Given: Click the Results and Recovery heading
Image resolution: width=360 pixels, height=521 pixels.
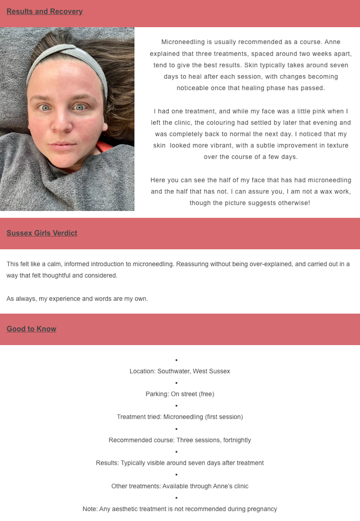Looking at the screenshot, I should (45, 11).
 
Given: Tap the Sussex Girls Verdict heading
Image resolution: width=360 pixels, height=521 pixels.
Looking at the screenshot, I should (42, 233).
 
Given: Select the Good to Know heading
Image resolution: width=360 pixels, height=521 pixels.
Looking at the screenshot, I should (31, 329).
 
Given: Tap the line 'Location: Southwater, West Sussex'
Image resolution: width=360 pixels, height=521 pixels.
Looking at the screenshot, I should (180, 371).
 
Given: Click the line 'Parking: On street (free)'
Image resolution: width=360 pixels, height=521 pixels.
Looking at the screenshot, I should (180, 394).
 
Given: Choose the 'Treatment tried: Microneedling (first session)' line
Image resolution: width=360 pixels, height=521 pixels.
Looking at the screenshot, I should (180, 417).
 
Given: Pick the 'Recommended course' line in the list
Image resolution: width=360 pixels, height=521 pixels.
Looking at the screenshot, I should (180, 440).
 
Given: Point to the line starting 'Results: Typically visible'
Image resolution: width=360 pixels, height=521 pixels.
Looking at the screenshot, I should (180, 463).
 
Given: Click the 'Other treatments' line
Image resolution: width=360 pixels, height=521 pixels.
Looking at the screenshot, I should (180, 486).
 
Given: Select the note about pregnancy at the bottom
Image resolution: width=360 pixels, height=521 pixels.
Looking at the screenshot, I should (180, 509).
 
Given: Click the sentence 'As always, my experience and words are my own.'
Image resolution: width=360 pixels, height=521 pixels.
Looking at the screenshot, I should (77, 299).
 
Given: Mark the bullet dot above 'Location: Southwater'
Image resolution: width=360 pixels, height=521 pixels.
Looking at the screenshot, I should (176, 360).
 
